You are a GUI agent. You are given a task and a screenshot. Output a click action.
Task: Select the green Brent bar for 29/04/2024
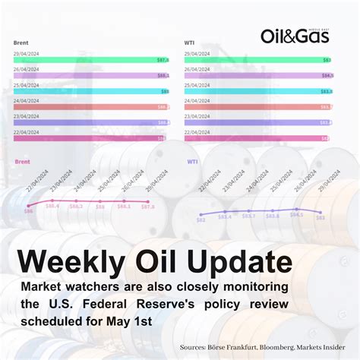coord(92,59)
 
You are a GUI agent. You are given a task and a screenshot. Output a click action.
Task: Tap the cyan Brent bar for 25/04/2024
coord(92,91)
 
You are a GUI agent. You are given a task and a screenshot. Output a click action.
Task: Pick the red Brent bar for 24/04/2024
coord(92,107)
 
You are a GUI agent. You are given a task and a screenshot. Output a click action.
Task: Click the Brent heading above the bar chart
coord(21,43)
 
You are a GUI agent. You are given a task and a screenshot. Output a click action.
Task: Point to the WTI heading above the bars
coord(190,43)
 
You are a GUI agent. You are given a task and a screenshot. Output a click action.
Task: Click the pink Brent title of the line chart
coord(24,162)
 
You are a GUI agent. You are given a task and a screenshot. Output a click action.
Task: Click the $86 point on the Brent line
coord(29,206)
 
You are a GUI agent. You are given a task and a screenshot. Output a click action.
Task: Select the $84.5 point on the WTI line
coord(296,209)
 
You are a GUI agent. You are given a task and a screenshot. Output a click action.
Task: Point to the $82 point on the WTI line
coord(200,215)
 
